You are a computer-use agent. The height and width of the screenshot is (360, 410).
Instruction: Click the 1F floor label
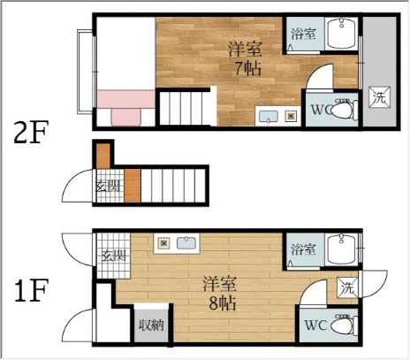pos(31,290)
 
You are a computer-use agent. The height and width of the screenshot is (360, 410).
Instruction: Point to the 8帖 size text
pos(223,303)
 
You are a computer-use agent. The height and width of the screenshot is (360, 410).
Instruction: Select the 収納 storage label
pos(151,325)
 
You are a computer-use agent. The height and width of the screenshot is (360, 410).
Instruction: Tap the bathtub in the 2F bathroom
pos(341,33)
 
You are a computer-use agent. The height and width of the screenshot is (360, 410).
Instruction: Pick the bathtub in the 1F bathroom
pos(342,249)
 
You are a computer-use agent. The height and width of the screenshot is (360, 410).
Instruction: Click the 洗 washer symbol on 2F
pos(380,97)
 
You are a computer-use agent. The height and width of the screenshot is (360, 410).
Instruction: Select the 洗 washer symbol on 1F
pos(348,287)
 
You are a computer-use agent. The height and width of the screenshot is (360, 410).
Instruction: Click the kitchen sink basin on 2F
pos(268,116)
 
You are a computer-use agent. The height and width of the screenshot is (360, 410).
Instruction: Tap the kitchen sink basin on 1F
pos(186,243)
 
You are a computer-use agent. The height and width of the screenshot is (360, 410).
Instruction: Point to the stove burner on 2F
pos(291,116)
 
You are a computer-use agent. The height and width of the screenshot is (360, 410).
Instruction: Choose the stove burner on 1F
pos(163,243)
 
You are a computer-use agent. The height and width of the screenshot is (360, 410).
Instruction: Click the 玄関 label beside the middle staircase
pos(108,186)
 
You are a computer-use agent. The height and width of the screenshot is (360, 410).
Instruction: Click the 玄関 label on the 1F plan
pos(114,256)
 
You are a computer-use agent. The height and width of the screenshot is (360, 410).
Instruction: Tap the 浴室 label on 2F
pos(303,34)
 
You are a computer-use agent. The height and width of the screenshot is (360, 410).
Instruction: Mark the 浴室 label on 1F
pos(303,249)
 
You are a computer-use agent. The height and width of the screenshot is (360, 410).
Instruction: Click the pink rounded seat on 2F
pos(126,117)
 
